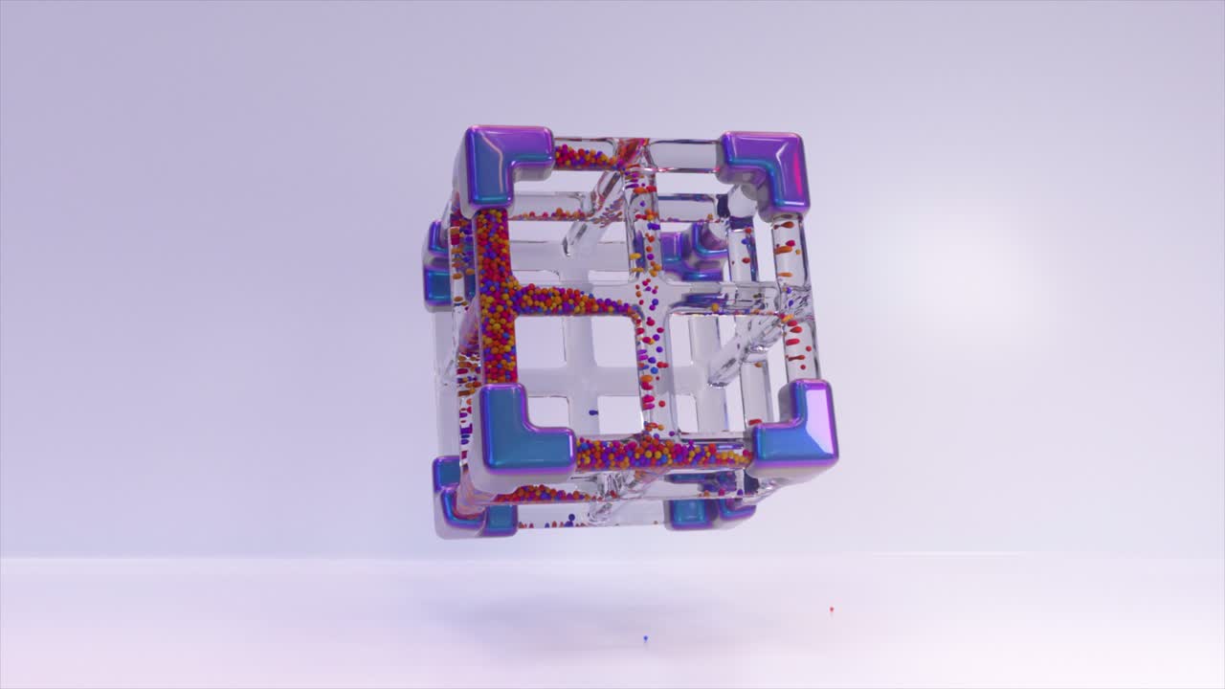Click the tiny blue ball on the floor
(x=646, y=637)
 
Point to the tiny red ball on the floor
(x=831, y=609)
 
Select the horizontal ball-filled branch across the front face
(x=574, y=302)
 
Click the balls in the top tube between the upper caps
(x=586, y=155)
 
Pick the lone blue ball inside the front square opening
(x=593, y=412)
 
